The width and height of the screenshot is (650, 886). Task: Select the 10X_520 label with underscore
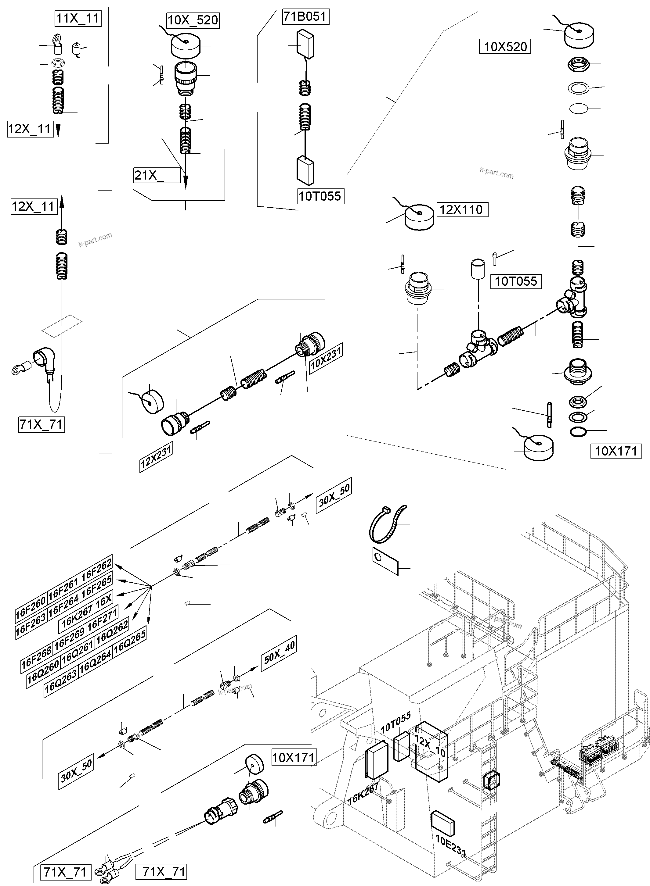(193, 20)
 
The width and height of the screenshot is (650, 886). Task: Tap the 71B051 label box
(305, 16)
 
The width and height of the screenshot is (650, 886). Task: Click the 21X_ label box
(157, 175)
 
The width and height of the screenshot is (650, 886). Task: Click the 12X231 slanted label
(156, 457)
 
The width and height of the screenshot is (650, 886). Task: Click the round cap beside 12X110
(419, 216)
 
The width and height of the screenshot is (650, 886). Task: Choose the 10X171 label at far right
(616, 451)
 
